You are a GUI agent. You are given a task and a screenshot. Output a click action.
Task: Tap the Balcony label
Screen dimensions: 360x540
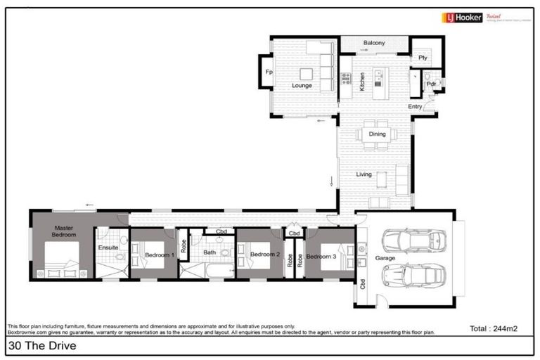pyautogui.click(x=374, y=44)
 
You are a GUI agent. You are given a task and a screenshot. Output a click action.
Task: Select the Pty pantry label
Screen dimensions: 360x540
pyautogui.click(x=423, y=58)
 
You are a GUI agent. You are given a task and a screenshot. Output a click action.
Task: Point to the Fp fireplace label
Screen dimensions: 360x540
pyautogui.click(x=269, y=72)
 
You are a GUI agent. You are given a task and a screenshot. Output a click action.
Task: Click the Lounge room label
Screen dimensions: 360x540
pyautogui.click(x=302, y=86)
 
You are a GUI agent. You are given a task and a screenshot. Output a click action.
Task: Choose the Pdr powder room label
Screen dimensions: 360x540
pyautogui.click(x=431, y=84)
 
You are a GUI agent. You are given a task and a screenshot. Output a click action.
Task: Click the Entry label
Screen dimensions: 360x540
pyautogui.click(x=416, y=106)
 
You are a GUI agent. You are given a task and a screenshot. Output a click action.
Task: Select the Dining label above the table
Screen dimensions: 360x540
pyautogui.click(x=377, y=124)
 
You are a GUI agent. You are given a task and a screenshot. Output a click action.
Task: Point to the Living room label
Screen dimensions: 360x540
pyautogui.click(x=364, y=174)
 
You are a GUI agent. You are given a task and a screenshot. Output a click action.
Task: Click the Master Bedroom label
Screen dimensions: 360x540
pyautogui.click(x=65, y=231)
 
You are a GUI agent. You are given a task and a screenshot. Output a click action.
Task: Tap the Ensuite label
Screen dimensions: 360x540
pyautogui.click(x=108, y=247)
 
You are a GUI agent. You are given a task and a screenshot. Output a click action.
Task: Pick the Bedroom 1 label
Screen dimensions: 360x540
pyautogui.click(x=160, y=255)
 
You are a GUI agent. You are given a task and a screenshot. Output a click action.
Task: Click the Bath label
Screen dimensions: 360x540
pyautogui.click(x=210, y=252)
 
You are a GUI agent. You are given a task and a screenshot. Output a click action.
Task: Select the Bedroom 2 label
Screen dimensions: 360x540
pyautogui.click(x=266, y=254)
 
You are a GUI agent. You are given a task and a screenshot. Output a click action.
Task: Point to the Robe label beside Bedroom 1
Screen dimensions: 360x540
pyautogui.click(x=184, y=246)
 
